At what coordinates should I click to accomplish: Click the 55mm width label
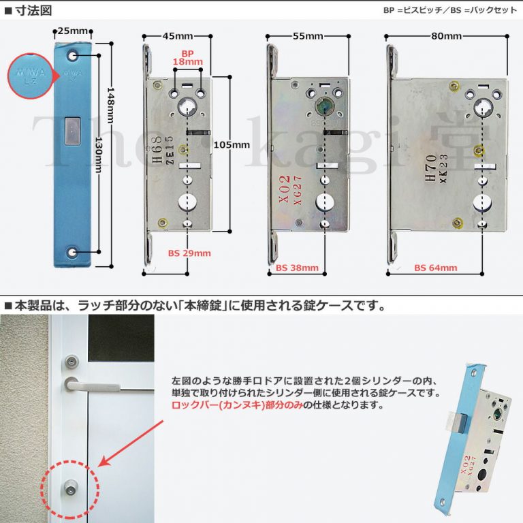click(x=308, y=36)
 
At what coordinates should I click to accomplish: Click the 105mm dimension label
click(x=232, y=145)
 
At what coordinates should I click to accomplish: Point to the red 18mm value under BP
click(x=188, y=62)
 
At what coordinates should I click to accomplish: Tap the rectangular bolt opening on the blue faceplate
click(x=71, y=129)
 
